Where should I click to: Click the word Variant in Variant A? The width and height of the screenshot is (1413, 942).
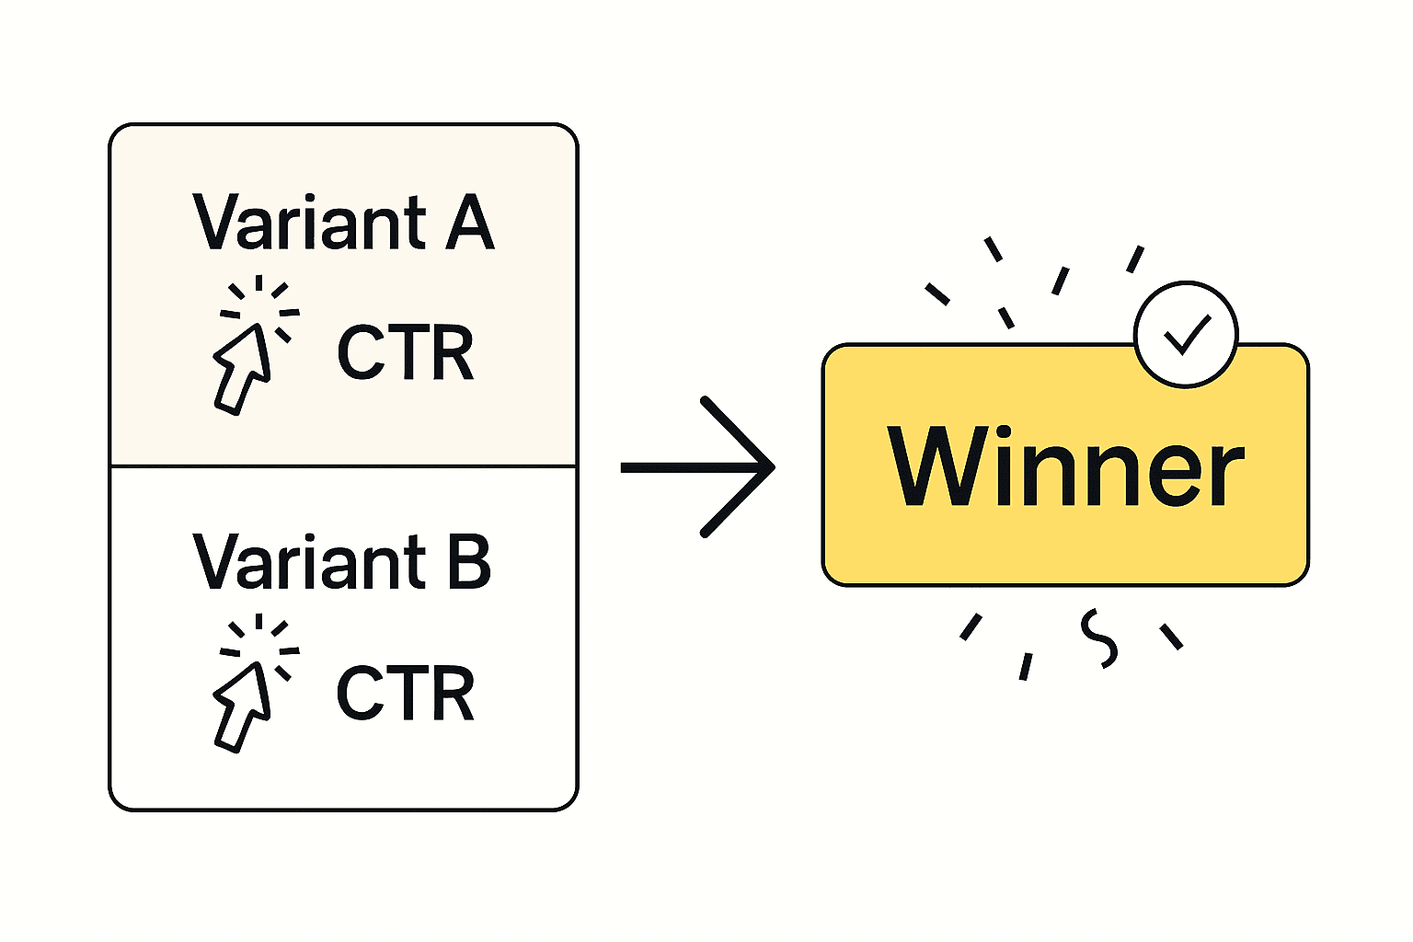[309, 223]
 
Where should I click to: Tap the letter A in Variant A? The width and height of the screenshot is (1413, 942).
[470, 223]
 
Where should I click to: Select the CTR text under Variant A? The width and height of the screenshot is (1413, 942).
[406, 353]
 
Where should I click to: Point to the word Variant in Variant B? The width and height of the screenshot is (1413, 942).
[309, 561]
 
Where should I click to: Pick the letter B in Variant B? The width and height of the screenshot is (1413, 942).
[469, 561]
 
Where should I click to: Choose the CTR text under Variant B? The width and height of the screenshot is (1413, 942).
[406, 693]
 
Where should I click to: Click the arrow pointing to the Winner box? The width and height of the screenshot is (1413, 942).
[698, 467]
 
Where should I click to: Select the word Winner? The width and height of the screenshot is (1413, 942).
[1065, 466]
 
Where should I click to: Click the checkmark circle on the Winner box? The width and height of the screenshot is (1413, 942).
[1186, 334]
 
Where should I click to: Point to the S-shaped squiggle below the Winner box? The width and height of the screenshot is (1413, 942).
[1098, 638]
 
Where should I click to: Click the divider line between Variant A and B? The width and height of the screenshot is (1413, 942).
[343, 466]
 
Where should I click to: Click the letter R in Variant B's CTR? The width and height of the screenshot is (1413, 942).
[453, 693]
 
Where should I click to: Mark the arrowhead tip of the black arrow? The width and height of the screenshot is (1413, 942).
[773, 467]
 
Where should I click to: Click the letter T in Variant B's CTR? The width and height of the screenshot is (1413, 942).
[408, 693]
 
